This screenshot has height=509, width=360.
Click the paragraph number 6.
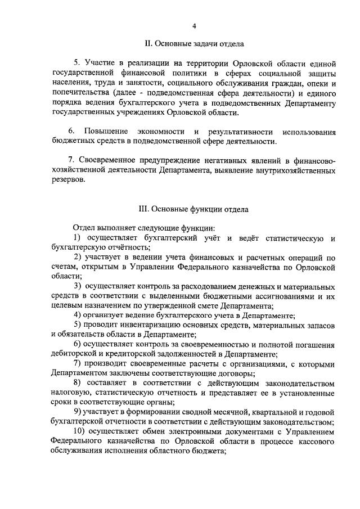pyautogui.click(x=70, y=131)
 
